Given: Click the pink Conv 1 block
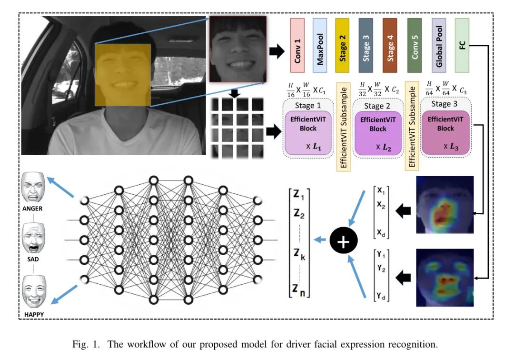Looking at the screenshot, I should coord(297,45).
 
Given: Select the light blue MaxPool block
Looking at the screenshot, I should coord(320,45).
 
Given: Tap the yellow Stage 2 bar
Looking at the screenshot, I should coord(343,45).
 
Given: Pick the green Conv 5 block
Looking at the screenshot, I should coord(415,45).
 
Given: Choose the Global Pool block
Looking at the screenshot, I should coord(439,45).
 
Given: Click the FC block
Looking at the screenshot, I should coord(462,45).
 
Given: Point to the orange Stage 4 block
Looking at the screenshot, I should coord(390,45).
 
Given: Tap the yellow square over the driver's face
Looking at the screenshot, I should coord(123,75).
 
